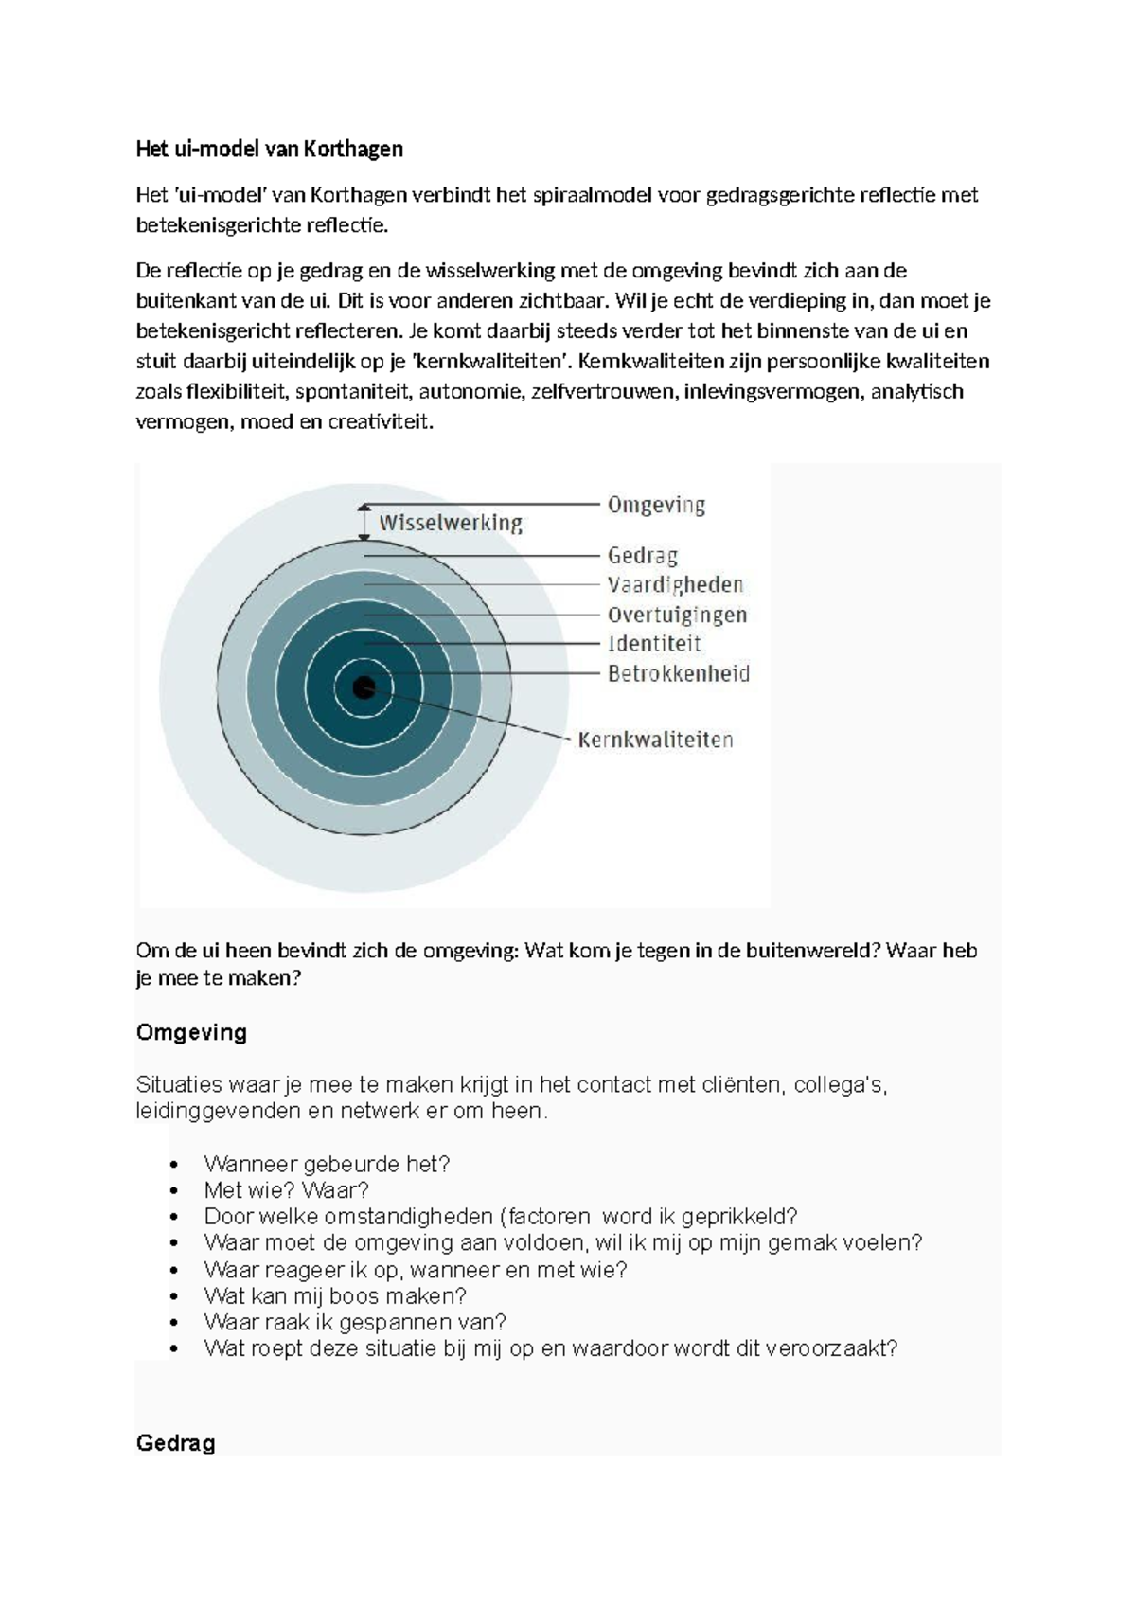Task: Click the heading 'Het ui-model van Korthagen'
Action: [x=270, y=149]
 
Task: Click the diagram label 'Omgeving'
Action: [x=656, y=506]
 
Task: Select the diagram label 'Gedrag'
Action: [x=643, y=555]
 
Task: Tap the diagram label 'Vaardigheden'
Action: [x=675, y=584]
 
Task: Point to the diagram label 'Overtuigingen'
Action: [x=677, y=615]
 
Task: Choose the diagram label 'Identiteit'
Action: [x=654, y=644]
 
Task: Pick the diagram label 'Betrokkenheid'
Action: [x=678, y=674]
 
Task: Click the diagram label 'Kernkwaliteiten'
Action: [x=655, y=740]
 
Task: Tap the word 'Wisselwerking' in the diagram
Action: [x=451, y=523]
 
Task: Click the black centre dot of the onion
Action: [x=364, y=687]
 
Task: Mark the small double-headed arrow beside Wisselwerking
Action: [x=364, y=523]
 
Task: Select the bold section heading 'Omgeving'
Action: [x=191, y=1032]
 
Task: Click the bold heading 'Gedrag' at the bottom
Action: [x=175, y=1443]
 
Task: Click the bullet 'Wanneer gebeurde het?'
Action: [x=327, y=1164]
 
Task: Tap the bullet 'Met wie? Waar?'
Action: [x=286, y=1190]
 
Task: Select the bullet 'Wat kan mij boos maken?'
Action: [x=335, y=1295]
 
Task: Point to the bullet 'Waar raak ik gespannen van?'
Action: [x=355, y=1322]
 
